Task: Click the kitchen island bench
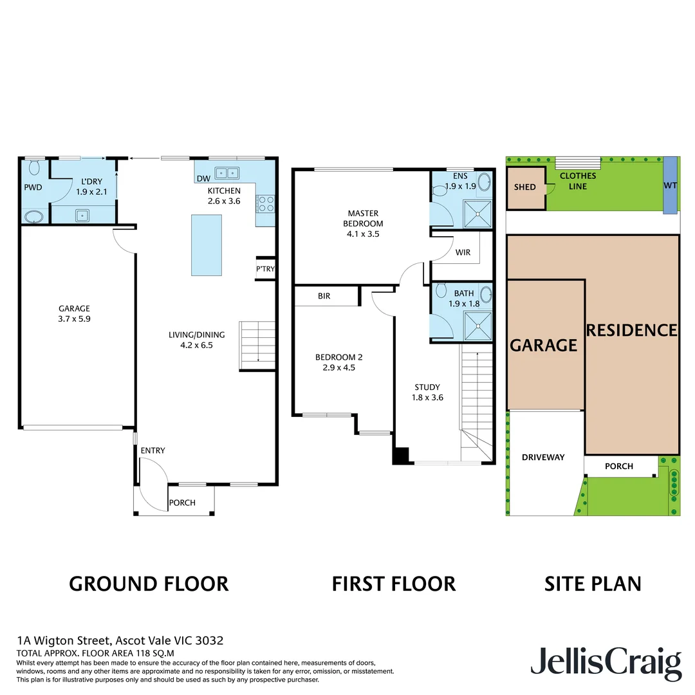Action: (x=206, y=245)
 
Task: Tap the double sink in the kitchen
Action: (x=227, y=172)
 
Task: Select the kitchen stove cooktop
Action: (x=265, y=204)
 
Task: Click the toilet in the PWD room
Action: (x=34, y=169)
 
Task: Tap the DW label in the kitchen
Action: (x=203, y=179)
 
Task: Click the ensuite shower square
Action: (x=478, y=210)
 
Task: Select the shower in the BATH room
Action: (x=478, y=326)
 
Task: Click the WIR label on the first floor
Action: (x=462, y=252)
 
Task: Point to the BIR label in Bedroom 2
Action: (x=324, y=297)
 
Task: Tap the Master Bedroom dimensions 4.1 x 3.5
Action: (x=363, y=234)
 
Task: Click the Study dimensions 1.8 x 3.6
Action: (x=427, y=397)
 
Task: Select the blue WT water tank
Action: (x=669, y=185)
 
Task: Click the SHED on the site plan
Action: (x=524, y=187)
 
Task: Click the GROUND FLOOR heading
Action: (x=149, y=584)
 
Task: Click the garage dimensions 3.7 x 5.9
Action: (x=74, y=319)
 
